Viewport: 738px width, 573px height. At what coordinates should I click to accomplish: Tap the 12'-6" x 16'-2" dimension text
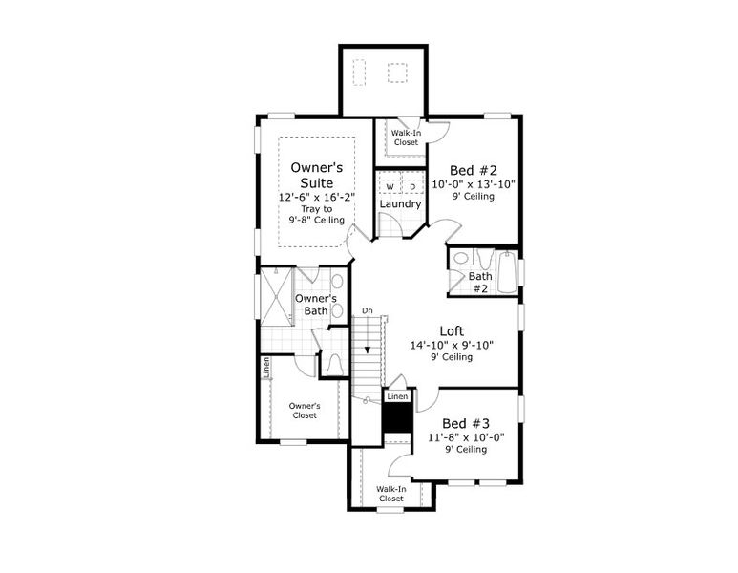click(x=316, y=197)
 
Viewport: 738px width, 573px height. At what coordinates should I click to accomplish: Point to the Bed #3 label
click(x=467, y=423)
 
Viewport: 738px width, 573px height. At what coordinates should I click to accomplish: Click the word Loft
click(x=453, y=331)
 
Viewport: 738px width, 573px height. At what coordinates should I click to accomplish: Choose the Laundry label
click(x=400, y=204)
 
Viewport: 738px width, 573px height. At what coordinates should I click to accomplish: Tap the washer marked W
click(x=390, y=186)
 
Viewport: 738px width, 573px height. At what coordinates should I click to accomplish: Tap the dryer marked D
click(x=412, y=186)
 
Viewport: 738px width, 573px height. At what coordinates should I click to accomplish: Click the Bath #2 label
click(x=479, y=282)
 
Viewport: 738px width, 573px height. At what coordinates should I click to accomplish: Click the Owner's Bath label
click(x=316, y=304)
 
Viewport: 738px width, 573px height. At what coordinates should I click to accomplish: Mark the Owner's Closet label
click(x=305, y=411)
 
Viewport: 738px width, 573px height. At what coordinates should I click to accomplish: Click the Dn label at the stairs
click(x=367, y=311)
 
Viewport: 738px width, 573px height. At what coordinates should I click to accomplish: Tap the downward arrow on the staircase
click(x=367, y=349)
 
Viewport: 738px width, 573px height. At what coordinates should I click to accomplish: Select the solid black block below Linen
click(x=395, y=416)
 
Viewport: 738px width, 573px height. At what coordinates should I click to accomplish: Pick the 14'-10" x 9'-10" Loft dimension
click(x=453, y=345)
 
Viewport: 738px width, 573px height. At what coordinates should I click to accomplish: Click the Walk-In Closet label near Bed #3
click(x=390, y=494)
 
